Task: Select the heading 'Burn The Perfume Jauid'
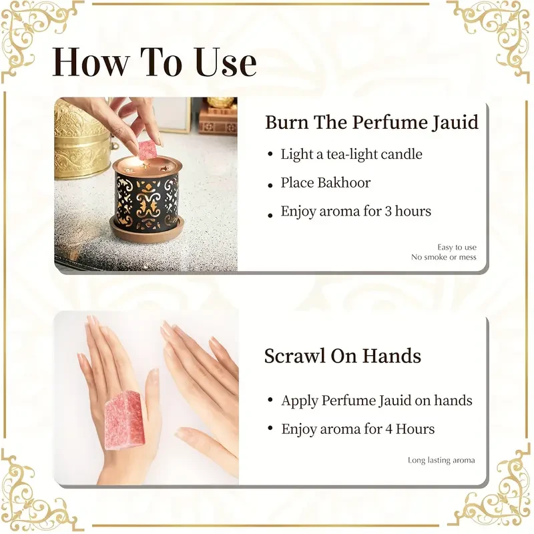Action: point(372,123)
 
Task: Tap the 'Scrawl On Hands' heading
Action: point(342,356)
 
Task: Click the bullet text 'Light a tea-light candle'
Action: point(351,154)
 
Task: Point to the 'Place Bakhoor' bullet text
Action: point(325,183)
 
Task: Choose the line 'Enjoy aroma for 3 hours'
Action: point(356,212)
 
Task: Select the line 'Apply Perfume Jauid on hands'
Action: point(376,400)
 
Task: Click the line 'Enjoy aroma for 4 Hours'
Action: point(358,429)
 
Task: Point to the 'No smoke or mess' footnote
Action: point(444,257)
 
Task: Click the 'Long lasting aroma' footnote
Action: point(441,460)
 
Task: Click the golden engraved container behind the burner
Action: point(81,137)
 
